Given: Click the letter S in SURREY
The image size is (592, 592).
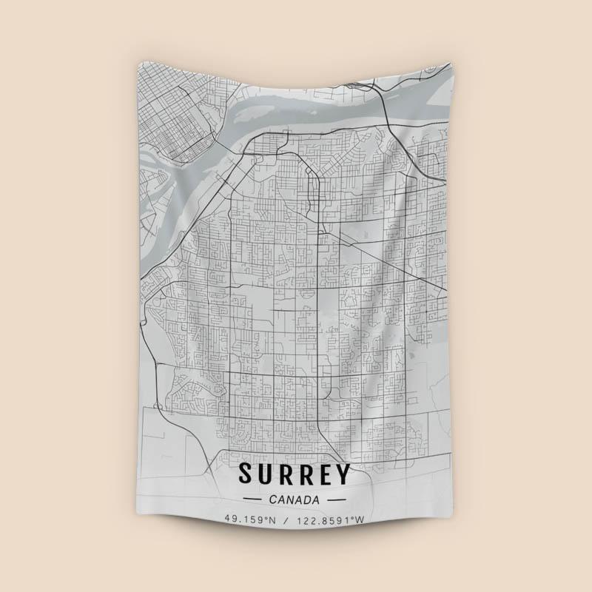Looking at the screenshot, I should pyautogui.click(x=246, y=474).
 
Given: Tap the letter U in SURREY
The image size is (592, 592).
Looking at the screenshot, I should pyautogui.click(x=266, y=474).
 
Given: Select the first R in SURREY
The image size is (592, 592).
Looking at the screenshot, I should pyautogui.click(x=287, y=474).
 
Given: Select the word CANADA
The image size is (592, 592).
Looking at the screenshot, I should pyautogui.click(x=296, y=499).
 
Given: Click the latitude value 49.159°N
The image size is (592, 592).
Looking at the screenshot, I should pyautogui.click(x=251, y=520).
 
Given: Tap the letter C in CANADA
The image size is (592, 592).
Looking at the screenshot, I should pyautogui.click(x=275, y=499).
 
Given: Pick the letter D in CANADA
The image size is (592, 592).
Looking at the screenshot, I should pyautogui.click(x=309, y=499).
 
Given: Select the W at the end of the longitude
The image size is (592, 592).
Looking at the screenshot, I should pyautogui.click(x=360, y=520).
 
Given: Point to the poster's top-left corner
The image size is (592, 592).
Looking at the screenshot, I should pyautogui.click(x=138, y=65).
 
